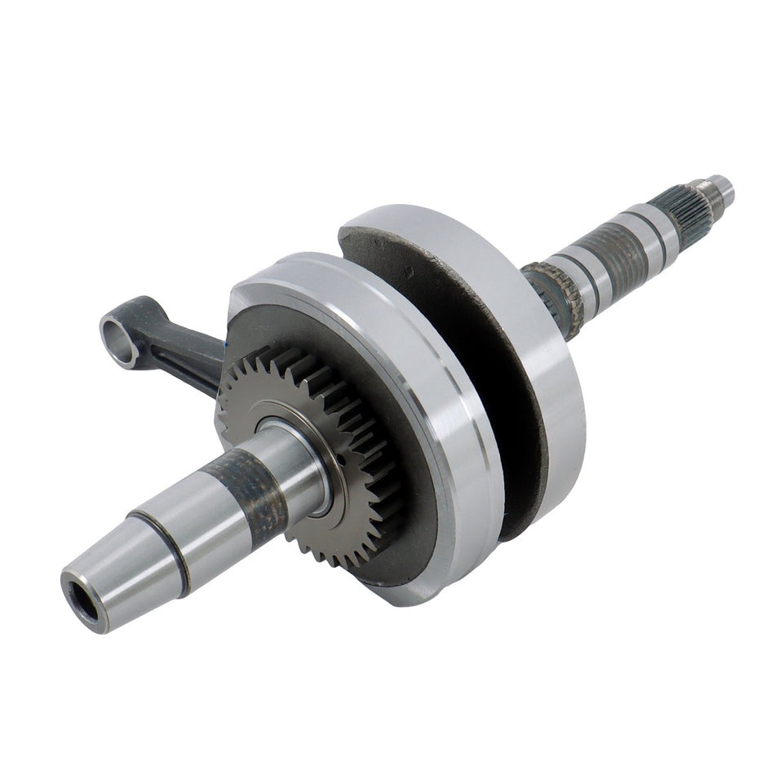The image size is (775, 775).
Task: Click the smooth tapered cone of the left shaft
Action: (x=122, y=555)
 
